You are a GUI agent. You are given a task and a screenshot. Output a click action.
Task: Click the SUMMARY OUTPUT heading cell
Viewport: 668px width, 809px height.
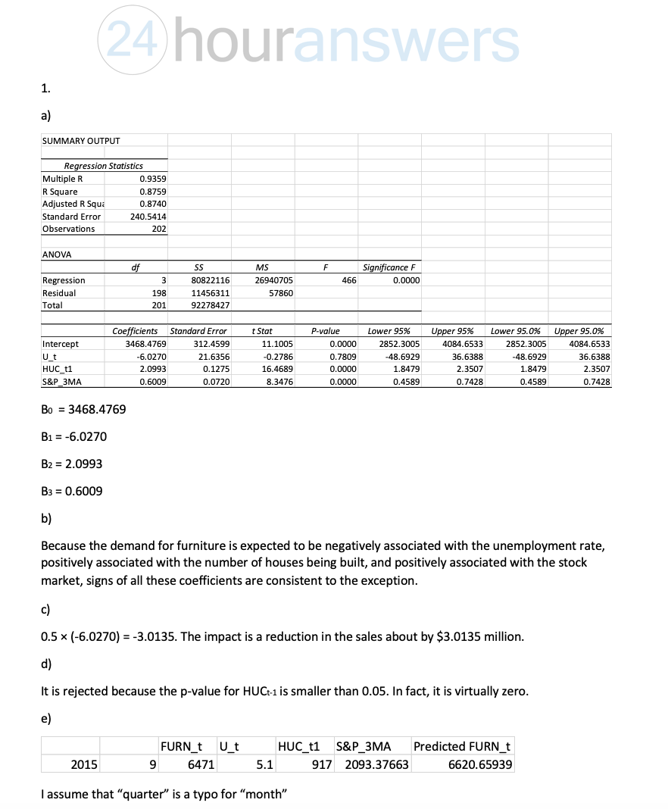coord(81,141)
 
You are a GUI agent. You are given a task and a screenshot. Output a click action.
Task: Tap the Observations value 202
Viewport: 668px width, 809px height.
coord(158,229)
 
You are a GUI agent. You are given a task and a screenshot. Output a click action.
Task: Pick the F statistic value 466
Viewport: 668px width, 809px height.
coord(349,280)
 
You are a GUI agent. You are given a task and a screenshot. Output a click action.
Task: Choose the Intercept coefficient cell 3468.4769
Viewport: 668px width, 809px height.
coord(142,344)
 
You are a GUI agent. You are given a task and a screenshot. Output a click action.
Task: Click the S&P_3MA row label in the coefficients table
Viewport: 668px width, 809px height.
coord(64,382)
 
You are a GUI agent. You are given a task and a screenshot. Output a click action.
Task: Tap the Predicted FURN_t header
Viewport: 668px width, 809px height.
coord(462,746)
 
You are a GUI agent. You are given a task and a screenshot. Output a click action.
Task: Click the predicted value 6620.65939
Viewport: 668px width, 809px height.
coord(481,765)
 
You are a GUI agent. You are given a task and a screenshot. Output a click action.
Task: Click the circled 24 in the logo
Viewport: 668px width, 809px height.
coord(129,39)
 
